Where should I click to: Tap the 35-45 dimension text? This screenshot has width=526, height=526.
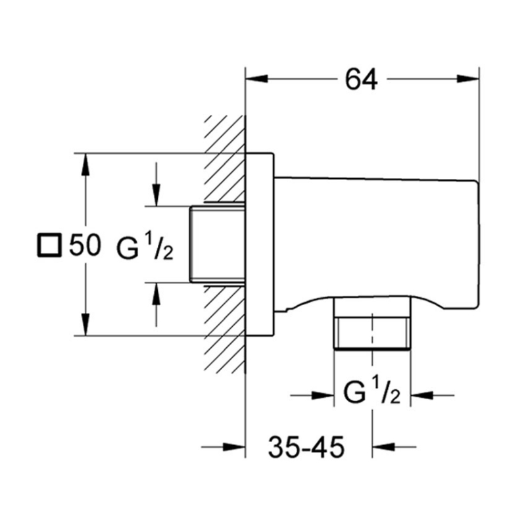306,449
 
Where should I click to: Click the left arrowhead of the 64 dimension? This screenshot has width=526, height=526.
256,79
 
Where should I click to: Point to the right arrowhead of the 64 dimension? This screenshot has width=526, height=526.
467,79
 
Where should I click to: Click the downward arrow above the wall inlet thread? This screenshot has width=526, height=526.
156,195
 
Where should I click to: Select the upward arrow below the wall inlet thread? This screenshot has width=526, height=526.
156,294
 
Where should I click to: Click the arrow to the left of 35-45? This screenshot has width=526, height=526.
233,448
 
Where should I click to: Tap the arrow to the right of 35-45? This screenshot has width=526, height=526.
385,448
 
